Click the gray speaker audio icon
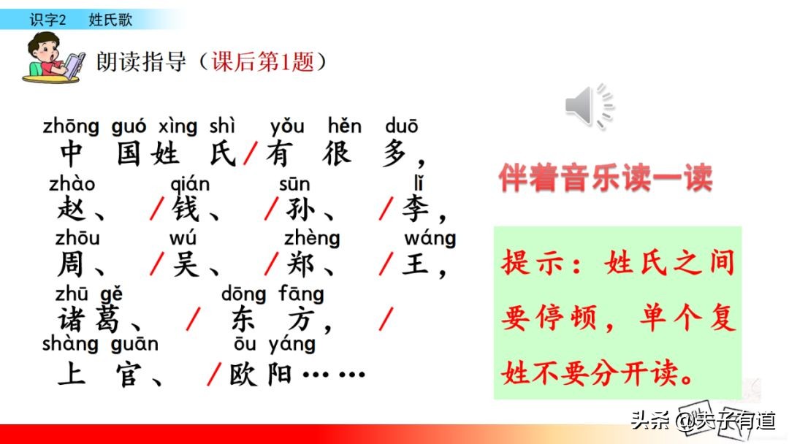589,107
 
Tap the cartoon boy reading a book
55,58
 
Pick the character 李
415,210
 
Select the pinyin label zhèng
312,238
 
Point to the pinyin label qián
189,184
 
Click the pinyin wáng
430,238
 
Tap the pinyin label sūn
294,184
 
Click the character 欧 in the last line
244,375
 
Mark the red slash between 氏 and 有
251,154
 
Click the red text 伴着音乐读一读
606,177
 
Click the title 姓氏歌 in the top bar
110,20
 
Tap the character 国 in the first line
129,154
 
